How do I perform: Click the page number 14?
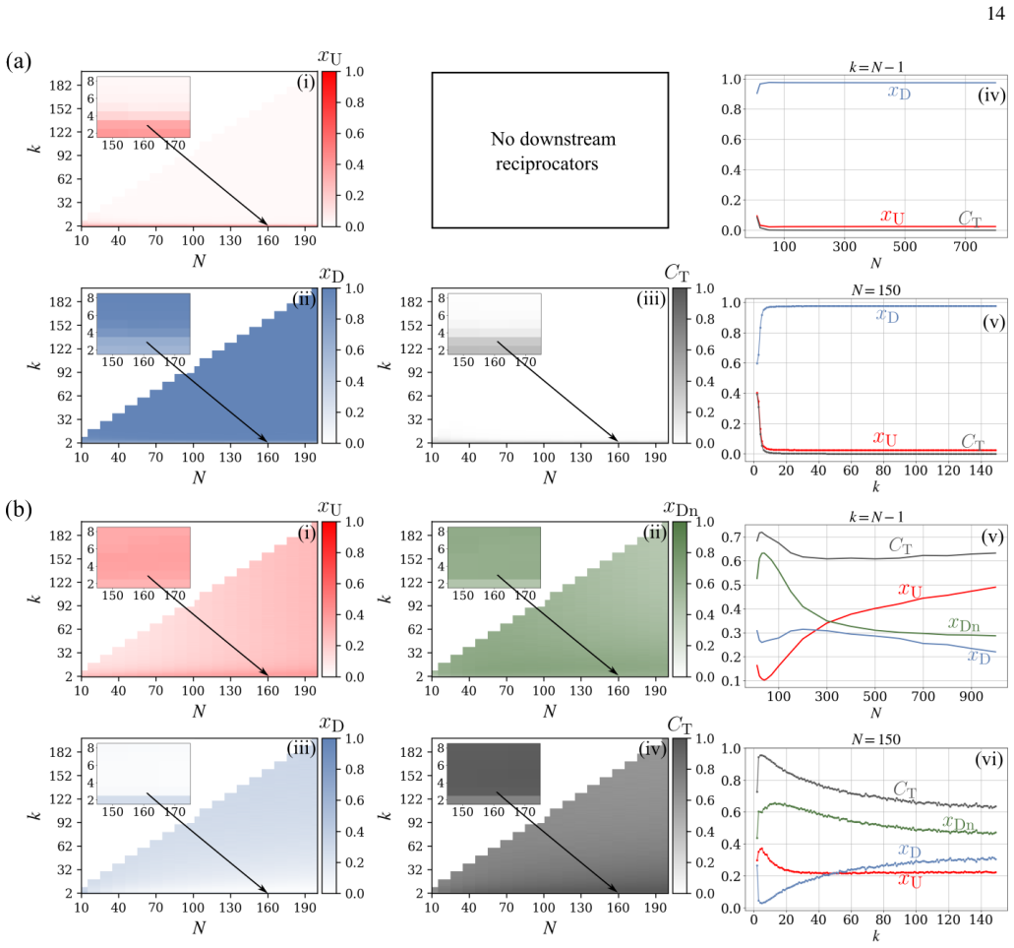(996, 13)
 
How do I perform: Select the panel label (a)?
(18, 61)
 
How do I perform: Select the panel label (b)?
(18, 510)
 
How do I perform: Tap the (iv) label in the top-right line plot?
(990, 95)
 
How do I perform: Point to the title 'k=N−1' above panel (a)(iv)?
(875, 67)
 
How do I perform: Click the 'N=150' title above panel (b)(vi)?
(875, 739)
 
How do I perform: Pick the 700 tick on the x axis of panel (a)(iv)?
(965, 246)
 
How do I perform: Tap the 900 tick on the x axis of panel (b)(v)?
(971, 696)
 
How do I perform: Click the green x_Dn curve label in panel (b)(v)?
(964, 624)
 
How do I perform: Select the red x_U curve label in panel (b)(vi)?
(909, 880)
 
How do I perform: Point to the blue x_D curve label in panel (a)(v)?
(887, 316)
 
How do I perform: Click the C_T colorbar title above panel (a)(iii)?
(677, 273)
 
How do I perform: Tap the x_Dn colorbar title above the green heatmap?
(681, 510)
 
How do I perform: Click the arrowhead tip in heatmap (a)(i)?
(268, 224)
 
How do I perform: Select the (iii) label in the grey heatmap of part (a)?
(650, 299)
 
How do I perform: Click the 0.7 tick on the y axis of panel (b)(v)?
(731, 537)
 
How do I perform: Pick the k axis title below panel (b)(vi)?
(875, 936)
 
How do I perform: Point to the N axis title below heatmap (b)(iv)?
(550, 928)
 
